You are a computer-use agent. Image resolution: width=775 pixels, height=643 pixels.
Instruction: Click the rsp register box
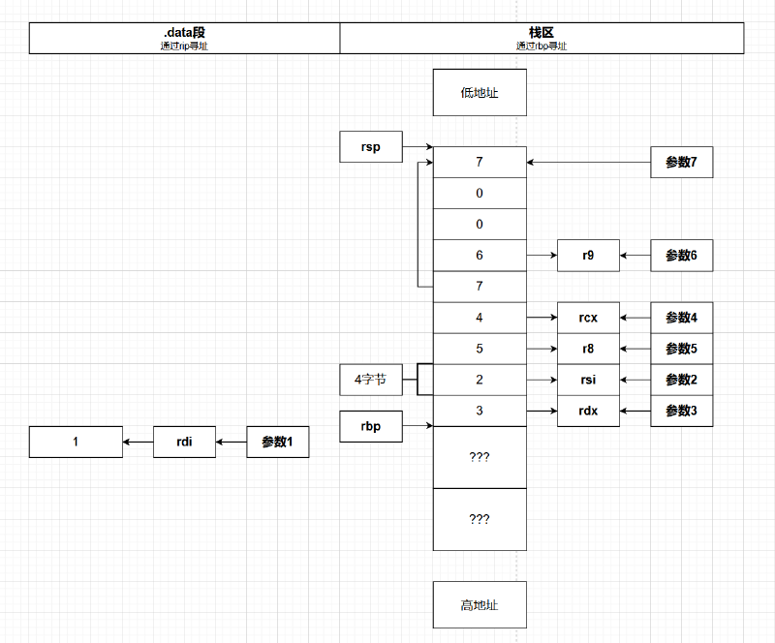(x=371, y=147)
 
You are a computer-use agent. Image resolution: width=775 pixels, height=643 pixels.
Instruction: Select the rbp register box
(x=371, y=426)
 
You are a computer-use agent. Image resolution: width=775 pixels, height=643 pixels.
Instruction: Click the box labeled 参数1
(x=278, y=442)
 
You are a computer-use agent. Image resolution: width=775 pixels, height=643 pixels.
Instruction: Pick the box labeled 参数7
(x=681, y=163)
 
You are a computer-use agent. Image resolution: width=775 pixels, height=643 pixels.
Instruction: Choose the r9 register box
(x=588, y=256)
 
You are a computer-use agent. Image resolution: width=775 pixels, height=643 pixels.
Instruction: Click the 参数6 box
(x=681, y=256)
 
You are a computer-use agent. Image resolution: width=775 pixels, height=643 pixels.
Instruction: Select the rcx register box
(x=588, y=318)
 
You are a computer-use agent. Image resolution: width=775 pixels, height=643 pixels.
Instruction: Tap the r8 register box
(x=588, y=349)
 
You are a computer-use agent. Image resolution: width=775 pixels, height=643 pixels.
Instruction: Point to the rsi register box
(x=588, y=380)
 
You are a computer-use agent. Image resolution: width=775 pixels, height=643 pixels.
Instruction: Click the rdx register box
(x=588, y=411)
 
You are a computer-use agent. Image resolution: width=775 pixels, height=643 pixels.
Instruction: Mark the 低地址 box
(x=480, y=93)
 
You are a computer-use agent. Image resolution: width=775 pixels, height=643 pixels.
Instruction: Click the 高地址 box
(x=480, y=604)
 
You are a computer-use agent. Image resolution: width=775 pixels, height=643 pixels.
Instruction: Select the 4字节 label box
(x=371, y=380)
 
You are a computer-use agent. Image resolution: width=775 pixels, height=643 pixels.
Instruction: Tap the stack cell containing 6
(x=480, y=256)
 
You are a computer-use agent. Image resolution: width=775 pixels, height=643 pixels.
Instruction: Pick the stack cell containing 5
(x=480, y=349)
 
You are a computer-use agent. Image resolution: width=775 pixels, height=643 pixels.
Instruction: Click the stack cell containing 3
(x=480, y=411)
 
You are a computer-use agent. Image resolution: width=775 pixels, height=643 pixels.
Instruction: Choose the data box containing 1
(x=76, y=442)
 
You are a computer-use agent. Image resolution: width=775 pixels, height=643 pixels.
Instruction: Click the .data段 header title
(x=185, y=32)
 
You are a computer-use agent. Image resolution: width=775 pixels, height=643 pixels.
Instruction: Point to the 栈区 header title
(x=542, y=32)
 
